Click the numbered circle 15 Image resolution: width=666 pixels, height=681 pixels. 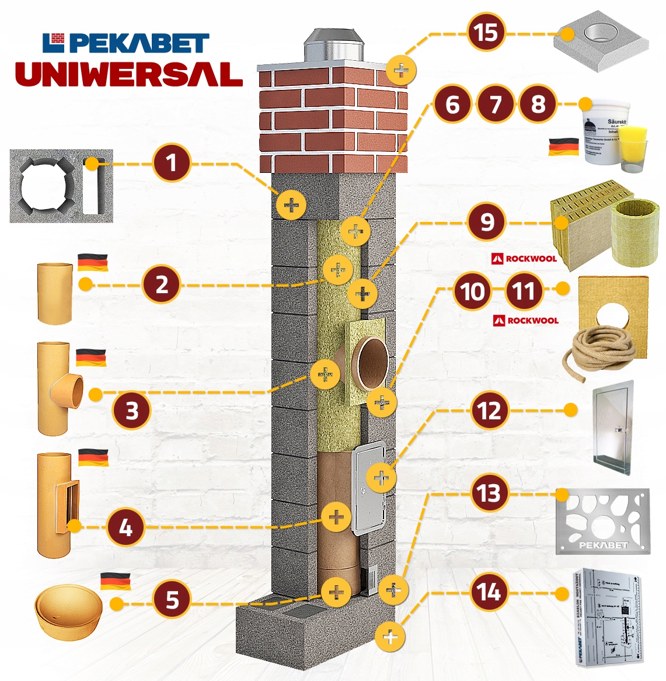486,33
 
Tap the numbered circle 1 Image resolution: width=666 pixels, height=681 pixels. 172,162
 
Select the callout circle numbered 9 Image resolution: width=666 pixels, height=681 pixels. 486,222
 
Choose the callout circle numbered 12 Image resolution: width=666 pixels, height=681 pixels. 489,411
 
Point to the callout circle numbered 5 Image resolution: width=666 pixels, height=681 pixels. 172,599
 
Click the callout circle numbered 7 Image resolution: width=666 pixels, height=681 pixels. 496,105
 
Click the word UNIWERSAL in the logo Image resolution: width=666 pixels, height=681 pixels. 128,74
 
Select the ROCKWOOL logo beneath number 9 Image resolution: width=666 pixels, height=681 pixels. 524,258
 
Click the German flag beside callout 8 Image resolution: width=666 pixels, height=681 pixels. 563,147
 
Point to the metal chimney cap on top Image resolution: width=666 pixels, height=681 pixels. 333,44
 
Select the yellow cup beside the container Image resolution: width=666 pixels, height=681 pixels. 633,150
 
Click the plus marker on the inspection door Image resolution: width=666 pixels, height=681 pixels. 381,478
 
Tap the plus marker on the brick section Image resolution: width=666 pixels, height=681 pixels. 401,71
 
